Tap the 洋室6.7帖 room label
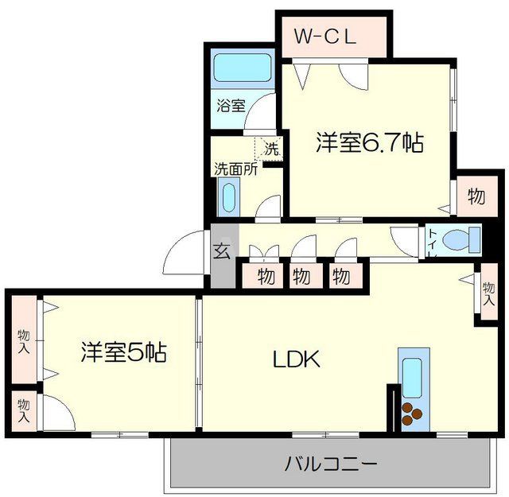(x=369, y=143)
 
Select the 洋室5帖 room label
(x=123, y=352)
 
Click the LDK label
(x=297, y=360)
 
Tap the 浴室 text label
(x=231, y=106)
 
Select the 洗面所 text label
(x=234, y=169)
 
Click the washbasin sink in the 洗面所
(x=229, y=196)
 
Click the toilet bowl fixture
(x=460, y=239)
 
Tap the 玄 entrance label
(x=222, y=252)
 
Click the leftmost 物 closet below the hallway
(x=266, y=277)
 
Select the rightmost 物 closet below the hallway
(x=340, y=277)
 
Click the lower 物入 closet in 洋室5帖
(x=24, y=410)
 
